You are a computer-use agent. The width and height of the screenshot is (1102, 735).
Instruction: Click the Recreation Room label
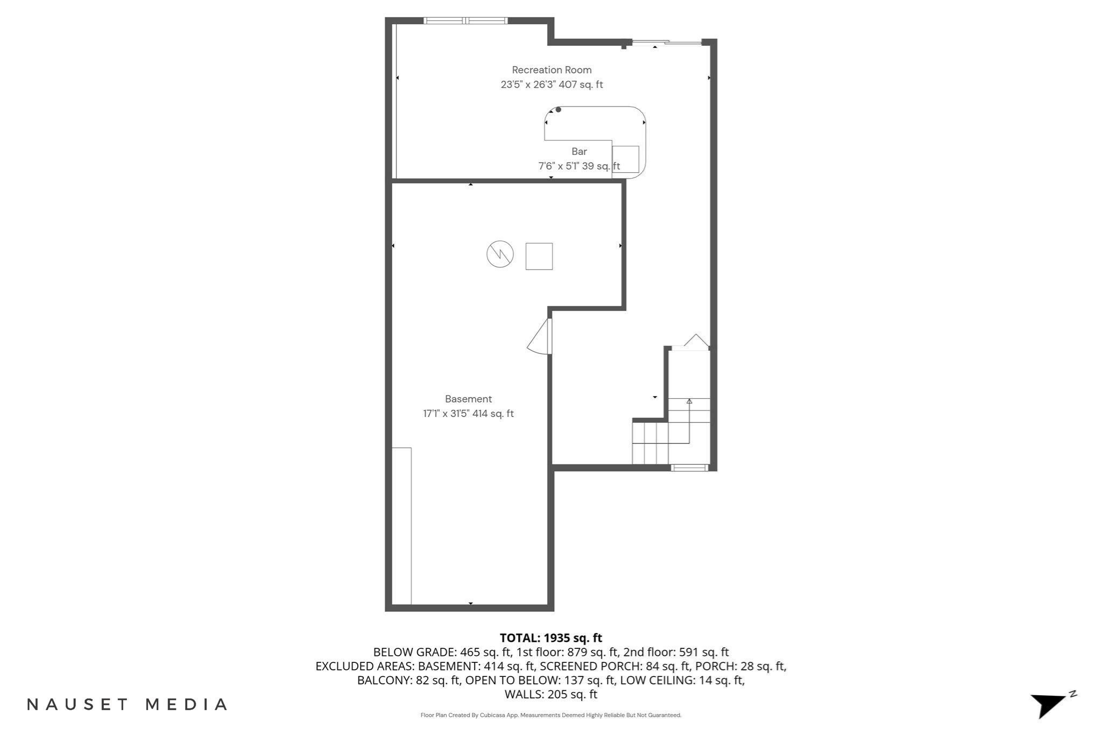[552, 70]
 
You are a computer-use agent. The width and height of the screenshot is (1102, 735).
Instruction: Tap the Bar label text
[579, 152]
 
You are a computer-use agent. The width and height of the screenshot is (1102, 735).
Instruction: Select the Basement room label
[468, 399]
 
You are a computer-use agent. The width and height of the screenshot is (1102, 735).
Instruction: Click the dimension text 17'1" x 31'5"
[446, 414]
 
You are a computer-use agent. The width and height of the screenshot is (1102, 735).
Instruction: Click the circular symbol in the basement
[500, 254]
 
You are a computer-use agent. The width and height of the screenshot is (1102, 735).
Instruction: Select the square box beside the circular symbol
[539, 256]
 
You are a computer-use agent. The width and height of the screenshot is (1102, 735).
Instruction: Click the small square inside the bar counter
[625, 159]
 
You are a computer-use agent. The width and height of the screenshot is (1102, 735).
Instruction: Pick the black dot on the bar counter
[559, 110]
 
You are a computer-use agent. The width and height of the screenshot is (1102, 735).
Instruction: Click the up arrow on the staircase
[689, 401]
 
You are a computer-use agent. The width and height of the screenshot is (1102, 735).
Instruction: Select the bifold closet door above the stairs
[695, 342]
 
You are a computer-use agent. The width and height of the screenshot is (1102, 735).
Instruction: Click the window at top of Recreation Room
[465, 21]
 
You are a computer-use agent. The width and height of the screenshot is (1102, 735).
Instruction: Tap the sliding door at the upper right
[667, 43]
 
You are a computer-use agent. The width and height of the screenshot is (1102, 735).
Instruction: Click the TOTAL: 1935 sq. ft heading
[550, 638]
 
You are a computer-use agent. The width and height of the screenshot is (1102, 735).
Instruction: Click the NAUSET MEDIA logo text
[127, 704]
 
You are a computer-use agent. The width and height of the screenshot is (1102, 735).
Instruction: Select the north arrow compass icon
[1050, 704]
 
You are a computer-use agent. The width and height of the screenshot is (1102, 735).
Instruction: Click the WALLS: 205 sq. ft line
[550, 694]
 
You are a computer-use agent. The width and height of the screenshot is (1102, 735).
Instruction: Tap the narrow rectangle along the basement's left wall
[401, 526]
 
